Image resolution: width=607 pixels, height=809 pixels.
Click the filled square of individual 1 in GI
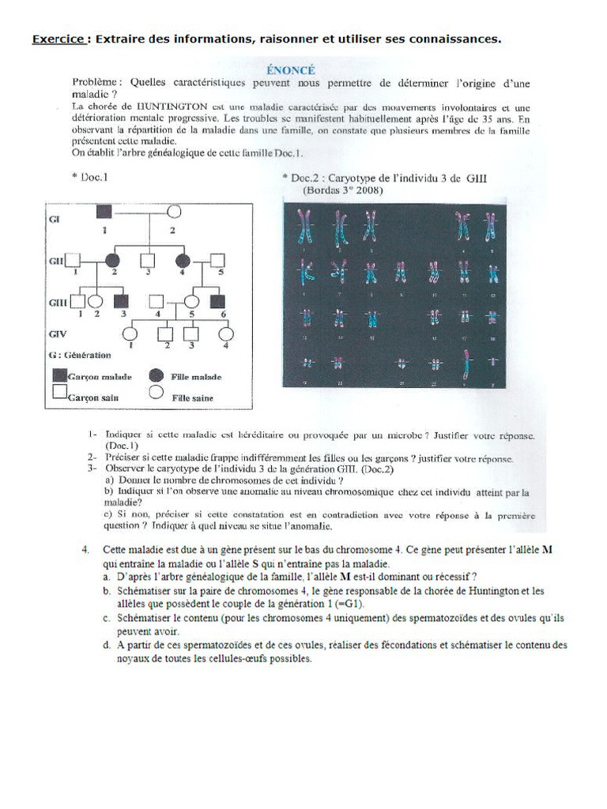click(x=104, y=212)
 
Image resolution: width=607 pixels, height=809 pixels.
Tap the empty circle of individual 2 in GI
click(x=173, y=212)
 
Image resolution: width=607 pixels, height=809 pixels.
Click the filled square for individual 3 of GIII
click(x=121, y=301)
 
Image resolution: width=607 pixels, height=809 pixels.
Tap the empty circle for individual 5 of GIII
click(x=191, y=301)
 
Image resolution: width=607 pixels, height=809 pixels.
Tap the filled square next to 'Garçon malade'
click(x=59, y=377)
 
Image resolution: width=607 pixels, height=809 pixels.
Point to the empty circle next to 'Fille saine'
click(x=156, y=392)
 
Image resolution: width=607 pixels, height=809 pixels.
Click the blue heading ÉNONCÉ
click(x=292, y=69)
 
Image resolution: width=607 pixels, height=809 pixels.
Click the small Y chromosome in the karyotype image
click(x=496, y=363)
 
